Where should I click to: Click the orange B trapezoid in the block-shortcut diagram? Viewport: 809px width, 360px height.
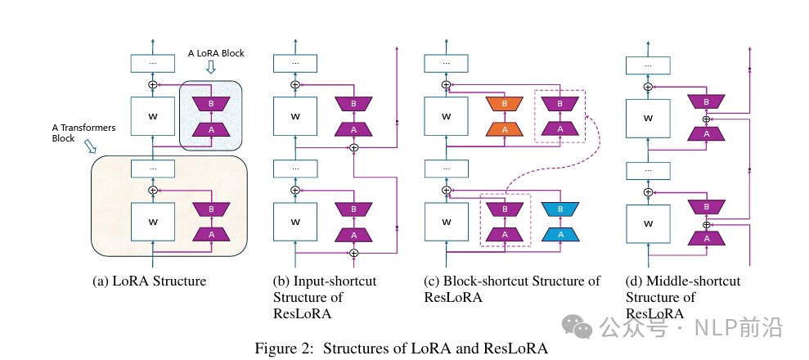505,104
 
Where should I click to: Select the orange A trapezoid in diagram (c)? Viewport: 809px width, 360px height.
505,128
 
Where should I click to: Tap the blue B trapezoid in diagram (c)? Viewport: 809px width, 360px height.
561,209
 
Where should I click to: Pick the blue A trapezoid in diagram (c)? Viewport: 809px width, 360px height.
561,234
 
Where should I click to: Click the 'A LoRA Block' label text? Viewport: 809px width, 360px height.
217,53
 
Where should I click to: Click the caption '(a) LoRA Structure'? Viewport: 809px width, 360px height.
150,281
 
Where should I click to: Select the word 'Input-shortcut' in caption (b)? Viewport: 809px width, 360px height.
325,281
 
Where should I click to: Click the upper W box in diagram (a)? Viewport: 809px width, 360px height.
152,116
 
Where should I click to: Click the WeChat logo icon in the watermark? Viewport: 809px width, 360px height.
583,327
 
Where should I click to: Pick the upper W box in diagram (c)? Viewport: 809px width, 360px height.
446,116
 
